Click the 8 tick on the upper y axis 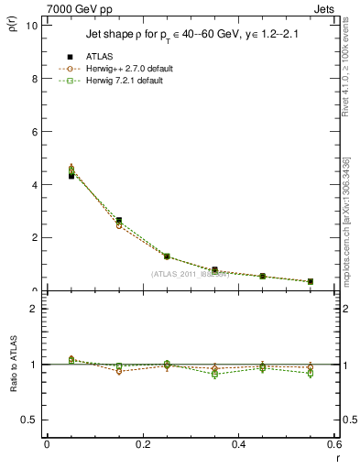coord(34,79)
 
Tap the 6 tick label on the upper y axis coord(34,132)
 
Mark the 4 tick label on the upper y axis coord(34,184)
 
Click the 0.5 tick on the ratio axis coord(29,420)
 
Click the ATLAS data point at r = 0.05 coord(71,175)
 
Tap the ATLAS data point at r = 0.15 coord(119,220)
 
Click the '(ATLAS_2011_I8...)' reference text coord(190,274)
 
